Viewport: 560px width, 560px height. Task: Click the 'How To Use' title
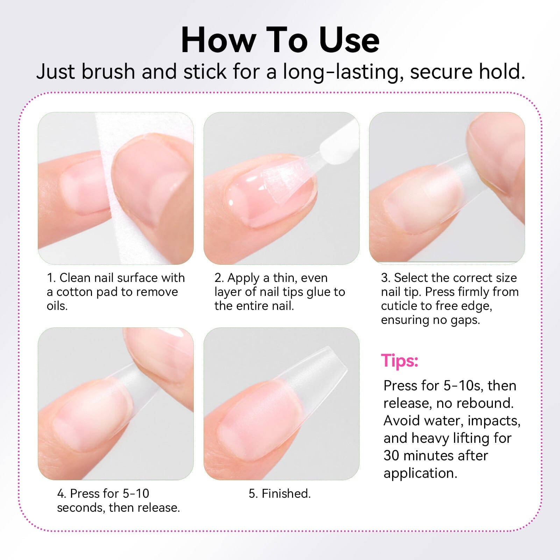[280, 40]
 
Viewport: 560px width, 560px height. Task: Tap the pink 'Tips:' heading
[399, 361]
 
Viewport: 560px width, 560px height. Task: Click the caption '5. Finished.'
[280, 494]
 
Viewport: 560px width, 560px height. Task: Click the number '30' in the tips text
[391, 455]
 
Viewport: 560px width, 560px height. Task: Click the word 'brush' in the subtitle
[108, 71]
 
